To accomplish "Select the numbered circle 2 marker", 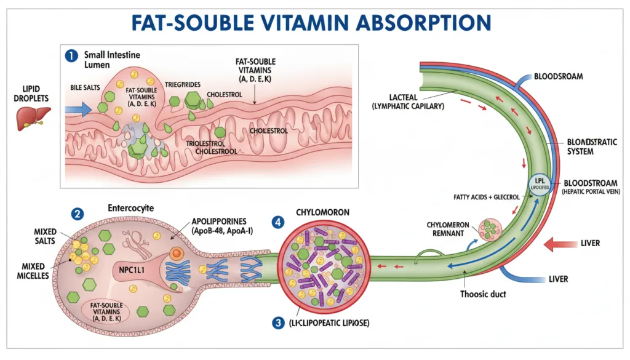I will (x=77, y=214).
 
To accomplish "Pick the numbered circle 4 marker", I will (x=279, y=220).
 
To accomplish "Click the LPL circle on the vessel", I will (x=539, y=184).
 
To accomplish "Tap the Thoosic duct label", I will (x=483, y=294).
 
